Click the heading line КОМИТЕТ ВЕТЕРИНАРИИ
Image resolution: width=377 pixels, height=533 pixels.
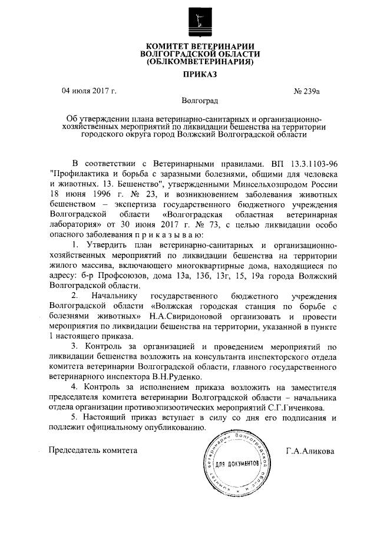click(200, 47)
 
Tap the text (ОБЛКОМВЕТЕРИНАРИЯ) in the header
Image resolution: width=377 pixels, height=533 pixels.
click(200, 61)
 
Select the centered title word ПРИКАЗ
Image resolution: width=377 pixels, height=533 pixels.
click(200, 75)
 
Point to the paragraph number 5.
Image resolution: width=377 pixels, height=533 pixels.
click(74, 417)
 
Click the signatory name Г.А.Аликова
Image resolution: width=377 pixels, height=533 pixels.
click(310, 451)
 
